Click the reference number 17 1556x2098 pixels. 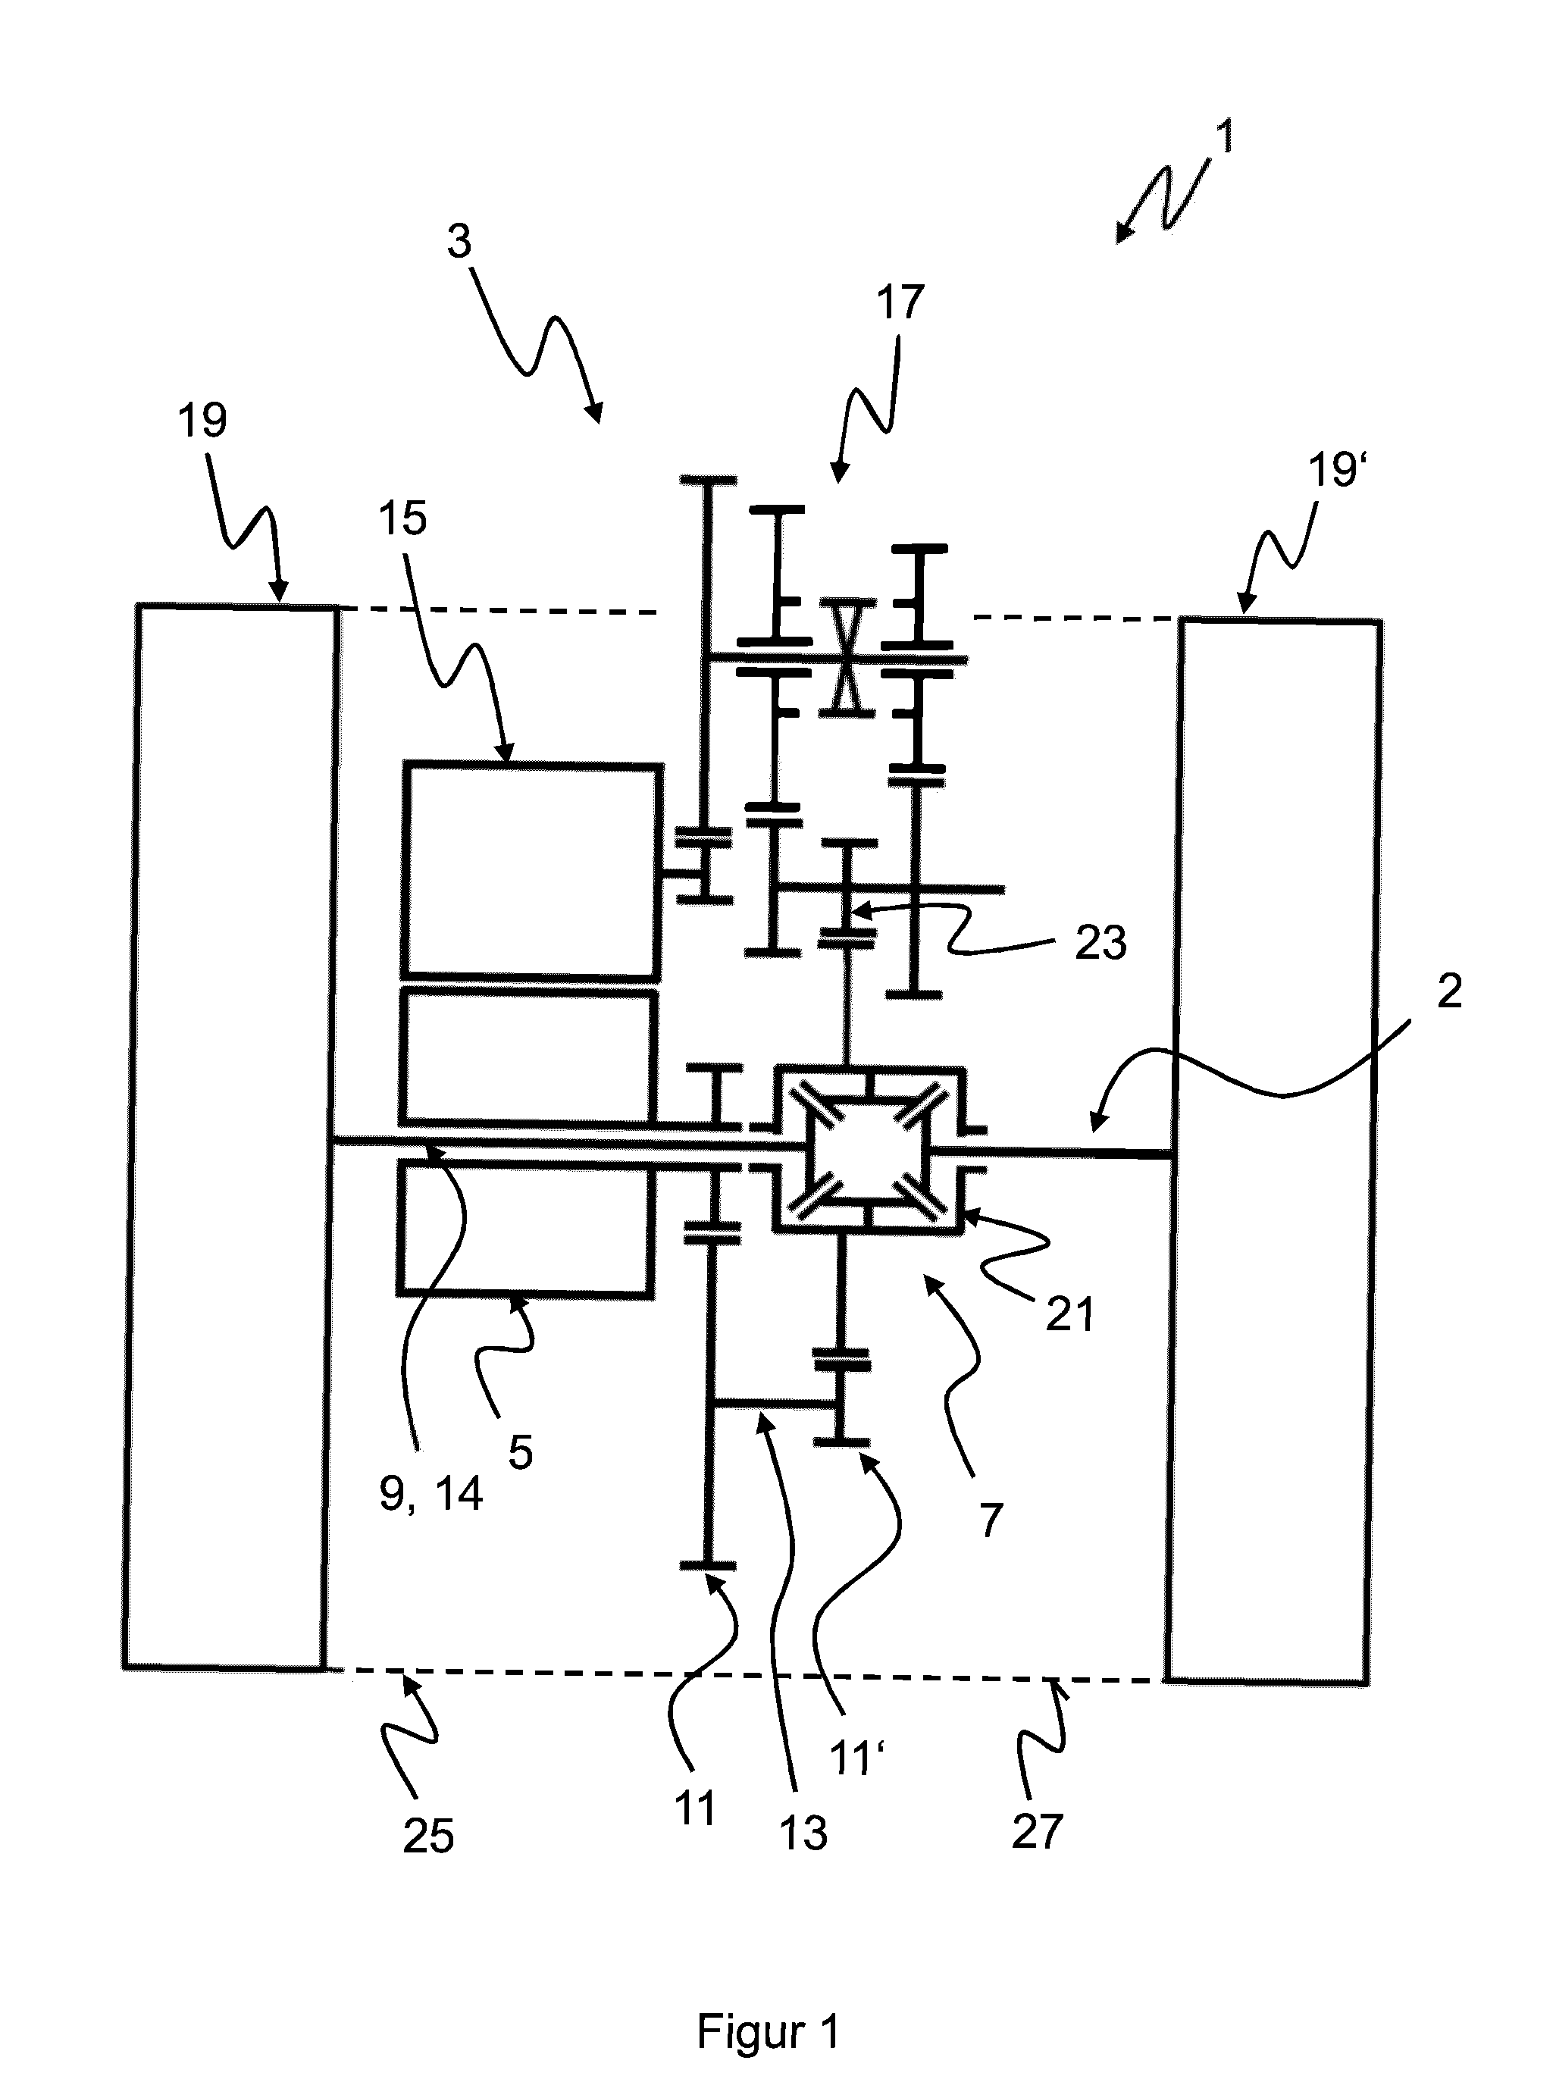pos(900,304)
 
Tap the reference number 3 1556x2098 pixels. pos(459,242)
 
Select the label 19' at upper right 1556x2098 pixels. pos(1338,470)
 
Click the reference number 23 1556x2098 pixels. pos(1100,943)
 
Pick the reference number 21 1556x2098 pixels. pos(1069,1314)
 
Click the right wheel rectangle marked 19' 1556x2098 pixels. pos(1273,1150)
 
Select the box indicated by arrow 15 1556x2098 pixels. pos(531,870)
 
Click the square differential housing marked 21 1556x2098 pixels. pos(868,1149)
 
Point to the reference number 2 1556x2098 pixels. pos(1448,991)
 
